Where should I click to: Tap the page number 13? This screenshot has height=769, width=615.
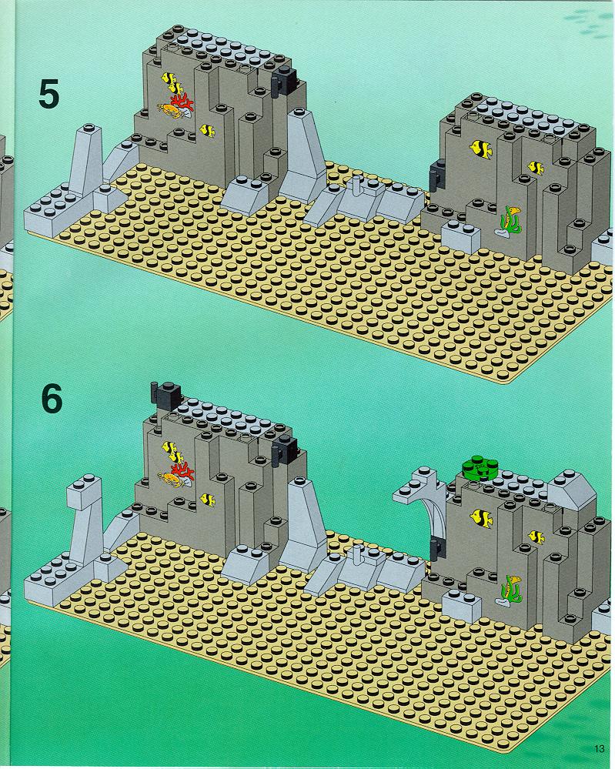click(599, 748)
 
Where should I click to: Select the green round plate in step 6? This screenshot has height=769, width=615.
click(479, 467)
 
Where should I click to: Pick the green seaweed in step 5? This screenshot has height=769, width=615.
click(510, 220)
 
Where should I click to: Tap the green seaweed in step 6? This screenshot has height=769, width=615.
click(510, 589)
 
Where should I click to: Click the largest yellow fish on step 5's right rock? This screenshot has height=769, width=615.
click(481, 149)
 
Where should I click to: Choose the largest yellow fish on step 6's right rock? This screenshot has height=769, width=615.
click(481, 518)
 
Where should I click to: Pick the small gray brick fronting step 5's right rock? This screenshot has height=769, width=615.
click(461, 236)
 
